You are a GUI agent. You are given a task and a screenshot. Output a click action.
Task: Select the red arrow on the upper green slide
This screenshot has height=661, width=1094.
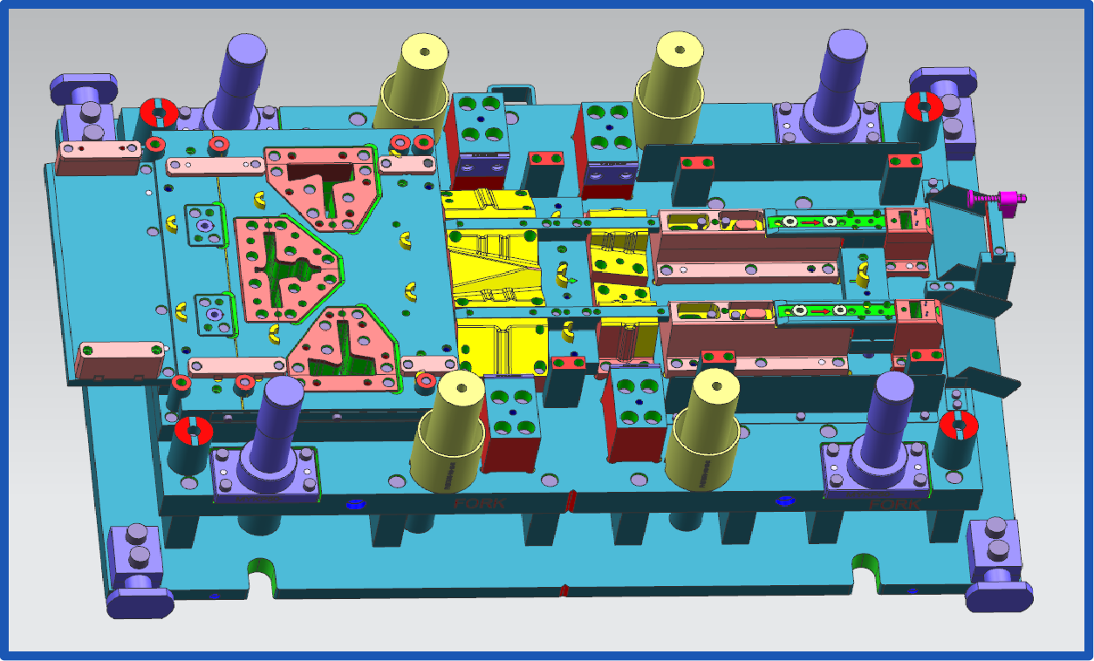click(x=809, y=222)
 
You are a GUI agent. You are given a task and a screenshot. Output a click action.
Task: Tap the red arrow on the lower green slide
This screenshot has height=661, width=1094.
click(x=817, y=310)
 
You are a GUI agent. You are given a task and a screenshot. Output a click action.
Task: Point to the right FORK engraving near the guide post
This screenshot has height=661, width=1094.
click(x=893, y=504)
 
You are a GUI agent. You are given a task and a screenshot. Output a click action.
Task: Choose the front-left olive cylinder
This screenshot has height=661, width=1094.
click(x=448, y=432)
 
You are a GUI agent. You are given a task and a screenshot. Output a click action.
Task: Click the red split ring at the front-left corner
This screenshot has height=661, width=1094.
click(x=193, y=431)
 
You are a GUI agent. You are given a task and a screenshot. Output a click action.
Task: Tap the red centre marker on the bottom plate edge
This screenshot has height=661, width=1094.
click(x=564, y=590)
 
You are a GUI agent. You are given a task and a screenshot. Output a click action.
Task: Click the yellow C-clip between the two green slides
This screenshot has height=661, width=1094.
click(x=863, y=274)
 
